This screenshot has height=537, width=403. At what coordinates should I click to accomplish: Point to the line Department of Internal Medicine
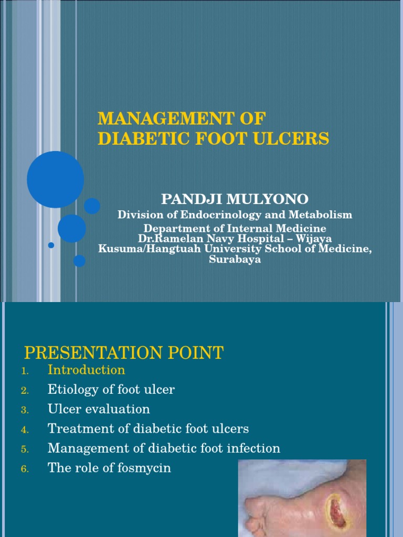point(235,229)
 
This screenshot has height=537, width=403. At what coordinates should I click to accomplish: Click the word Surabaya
point(235,260)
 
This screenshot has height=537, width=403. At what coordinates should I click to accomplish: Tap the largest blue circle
point(55,179)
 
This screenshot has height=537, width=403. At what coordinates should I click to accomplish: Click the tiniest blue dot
point(51,245)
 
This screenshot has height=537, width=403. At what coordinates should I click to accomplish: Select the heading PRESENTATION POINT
point(124,353)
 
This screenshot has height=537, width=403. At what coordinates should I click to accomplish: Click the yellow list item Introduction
point(86,370)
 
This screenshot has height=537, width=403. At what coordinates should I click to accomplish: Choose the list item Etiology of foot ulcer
point(111,390)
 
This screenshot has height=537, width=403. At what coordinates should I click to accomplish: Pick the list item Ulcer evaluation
point(99,409)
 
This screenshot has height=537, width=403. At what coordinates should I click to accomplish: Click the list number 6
point(24,469)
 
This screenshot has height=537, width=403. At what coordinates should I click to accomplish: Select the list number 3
point(24,410)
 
